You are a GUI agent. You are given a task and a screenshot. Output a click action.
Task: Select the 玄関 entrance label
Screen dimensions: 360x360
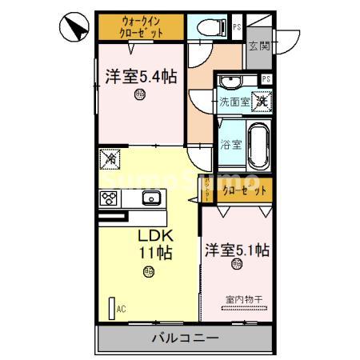tap(258, 46)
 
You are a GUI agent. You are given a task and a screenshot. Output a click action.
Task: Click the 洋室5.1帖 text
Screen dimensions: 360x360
tap(236, 248)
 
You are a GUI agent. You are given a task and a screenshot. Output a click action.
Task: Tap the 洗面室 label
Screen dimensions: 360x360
tap(235, 102)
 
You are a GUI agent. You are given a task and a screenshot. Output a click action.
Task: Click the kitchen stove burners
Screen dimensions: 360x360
tap(110, 199)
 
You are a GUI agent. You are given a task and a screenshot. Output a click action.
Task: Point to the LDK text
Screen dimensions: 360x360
tap(155, 237)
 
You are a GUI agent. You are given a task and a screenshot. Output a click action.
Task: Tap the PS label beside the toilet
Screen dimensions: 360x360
tap(237, 26)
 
